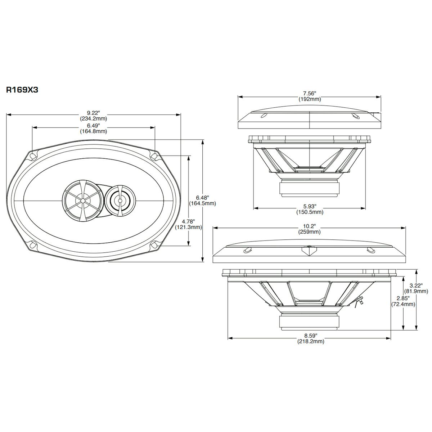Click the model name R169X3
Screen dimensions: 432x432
(22, 90)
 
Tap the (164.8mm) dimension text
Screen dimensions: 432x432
(93, 131)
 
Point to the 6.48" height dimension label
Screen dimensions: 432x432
(202, 197)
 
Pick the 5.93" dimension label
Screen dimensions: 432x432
(310, 206)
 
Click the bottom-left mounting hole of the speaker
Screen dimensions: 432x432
(33, 246)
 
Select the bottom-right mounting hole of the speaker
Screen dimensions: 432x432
(154, 245)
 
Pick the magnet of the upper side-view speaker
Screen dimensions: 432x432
(310, 188)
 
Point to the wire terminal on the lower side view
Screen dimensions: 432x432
(359, 301)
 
